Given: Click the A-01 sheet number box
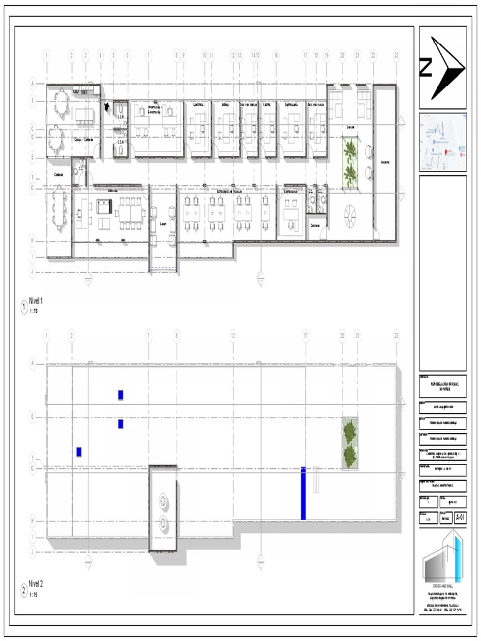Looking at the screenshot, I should click(x=460, y=517).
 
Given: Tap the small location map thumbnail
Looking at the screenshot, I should click(x=443, y=142).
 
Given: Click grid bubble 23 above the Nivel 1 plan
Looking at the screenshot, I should click(x=396, y=55).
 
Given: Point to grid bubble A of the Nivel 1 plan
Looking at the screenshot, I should click(x=33, y=83).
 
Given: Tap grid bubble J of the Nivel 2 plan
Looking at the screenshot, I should click(x=33, y=551).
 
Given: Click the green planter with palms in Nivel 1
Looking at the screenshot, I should click(x=350, y=164).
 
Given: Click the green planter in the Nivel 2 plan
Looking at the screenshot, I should click(x=350, y=443).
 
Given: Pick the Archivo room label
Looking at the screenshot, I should click(x=385, y=162).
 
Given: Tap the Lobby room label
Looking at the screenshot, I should click(x=351, y=125).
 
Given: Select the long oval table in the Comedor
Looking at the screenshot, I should click(x=59, y=209).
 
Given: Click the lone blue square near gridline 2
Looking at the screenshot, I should click(x=79, y=451).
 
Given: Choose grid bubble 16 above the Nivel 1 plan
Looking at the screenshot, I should click(x=276, y=55).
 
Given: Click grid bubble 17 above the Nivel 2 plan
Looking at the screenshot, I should click(x=305, y=336).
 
